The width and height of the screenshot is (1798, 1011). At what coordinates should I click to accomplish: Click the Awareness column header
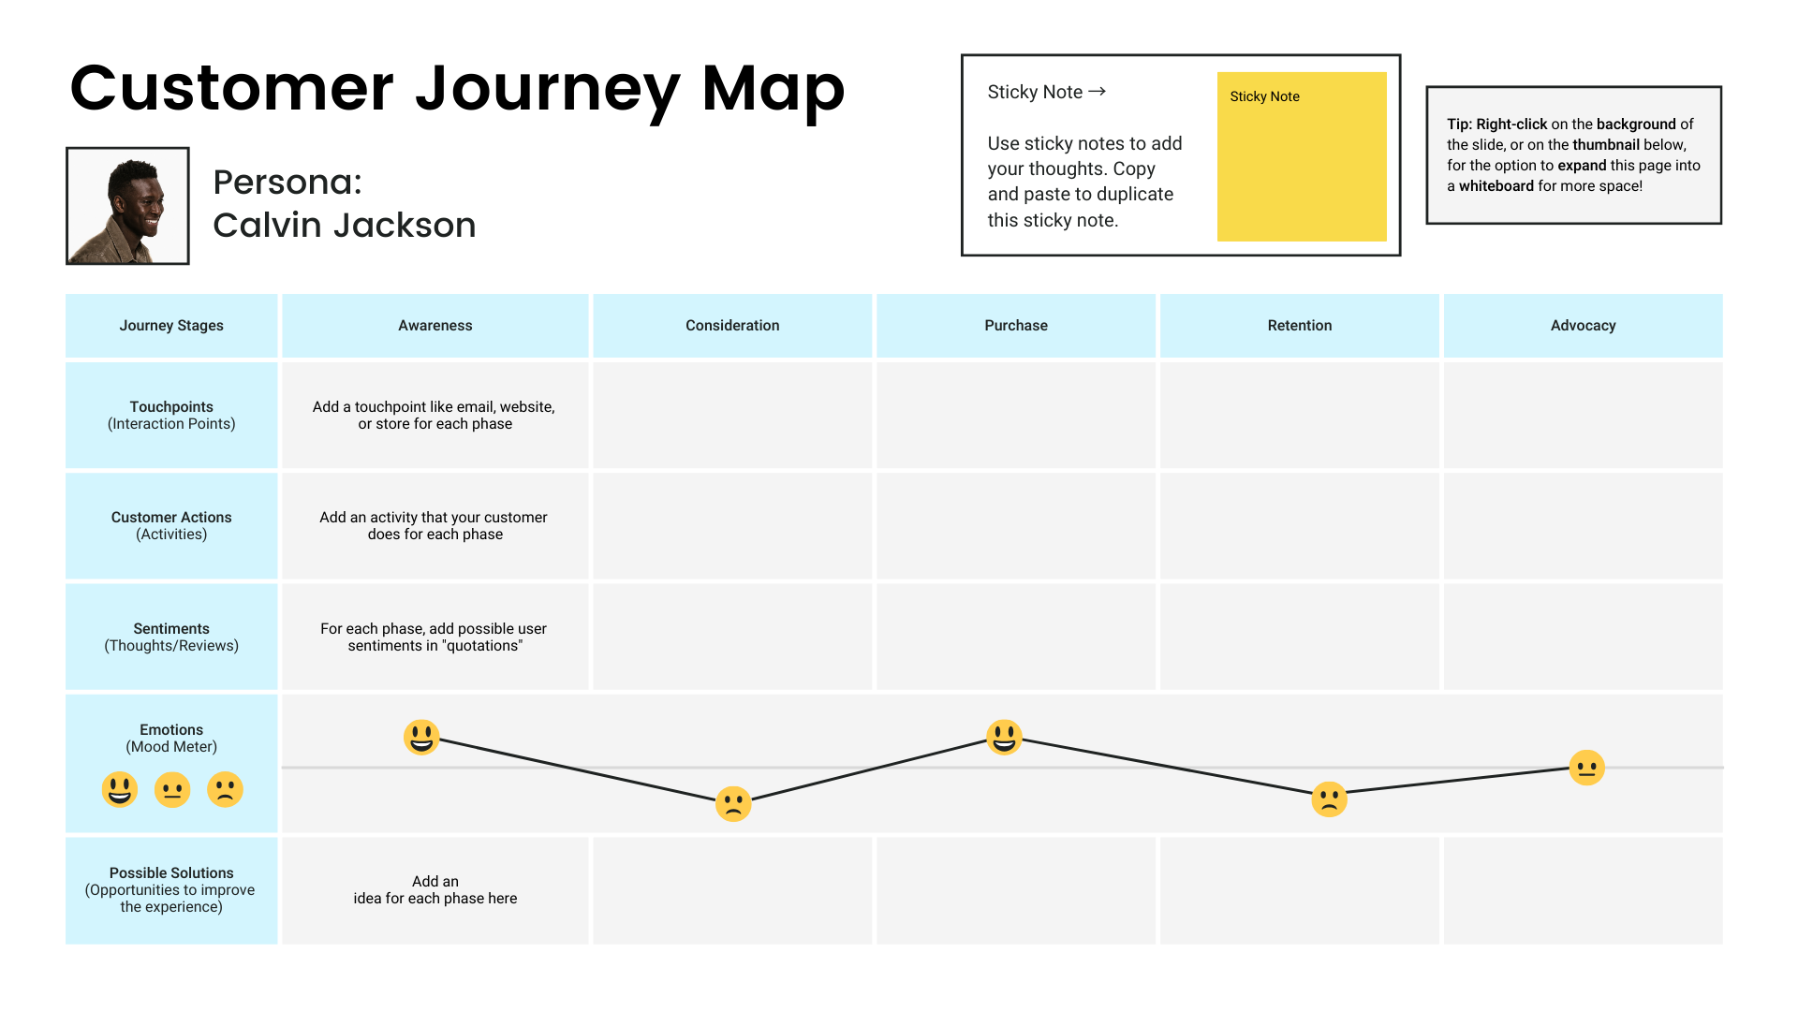pos(435,326)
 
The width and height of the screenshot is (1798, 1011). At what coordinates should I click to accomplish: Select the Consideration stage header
pos(732,326)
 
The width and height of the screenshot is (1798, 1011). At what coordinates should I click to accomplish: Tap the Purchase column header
pos(1016,326)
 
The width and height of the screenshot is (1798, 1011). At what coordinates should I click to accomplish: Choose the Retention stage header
pos(1300,326)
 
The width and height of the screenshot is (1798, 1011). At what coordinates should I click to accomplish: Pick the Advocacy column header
pos(1583,326)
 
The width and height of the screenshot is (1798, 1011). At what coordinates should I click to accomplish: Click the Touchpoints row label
pos(171,415)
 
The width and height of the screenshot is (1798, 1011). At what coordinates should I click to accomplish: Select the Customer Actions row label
pos(171,525)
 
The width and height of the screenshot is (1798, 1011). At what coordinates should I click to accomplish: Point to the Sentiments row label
pos(171,637)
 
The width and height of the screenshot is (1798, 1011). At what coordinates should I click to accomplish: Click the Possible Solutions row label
pos(171,889)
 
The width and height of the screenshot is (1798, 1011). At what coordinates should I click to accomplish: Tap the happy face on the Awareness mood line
pos(421,737)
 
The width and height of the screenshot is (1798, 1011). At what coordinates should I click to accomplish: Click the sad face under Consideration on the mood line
pos(733,803)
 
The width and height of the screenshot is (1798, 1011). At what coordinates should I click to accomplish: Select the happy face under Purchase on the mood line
pos(1004,737)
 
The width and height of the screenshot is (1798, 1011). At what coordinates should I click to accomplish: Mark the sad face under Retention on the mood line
pos(1329,799)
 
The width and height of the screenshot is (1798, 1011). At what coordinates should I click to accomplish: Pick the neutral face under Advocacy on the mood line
pos(1586,768)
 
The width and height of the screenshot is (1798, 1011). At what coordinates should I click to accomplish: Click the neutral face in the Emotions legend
pos(172,789)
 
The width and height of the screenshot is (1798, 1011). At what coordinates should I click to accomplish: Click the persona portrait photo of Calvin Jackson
pos(127,206)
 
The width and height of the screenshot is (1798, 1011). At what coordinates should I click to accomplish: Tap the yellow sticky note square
pos(1302,156)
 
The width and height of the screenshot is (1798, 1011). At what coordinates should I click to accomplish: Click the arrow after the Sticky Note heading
pos(1098,92)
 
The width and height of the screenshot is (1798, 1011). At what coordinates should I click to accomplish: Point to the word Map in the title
pos(773,89)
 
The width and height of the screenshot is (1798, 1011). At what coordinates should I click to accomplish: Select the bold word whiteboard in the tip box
pos(1496,186)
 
